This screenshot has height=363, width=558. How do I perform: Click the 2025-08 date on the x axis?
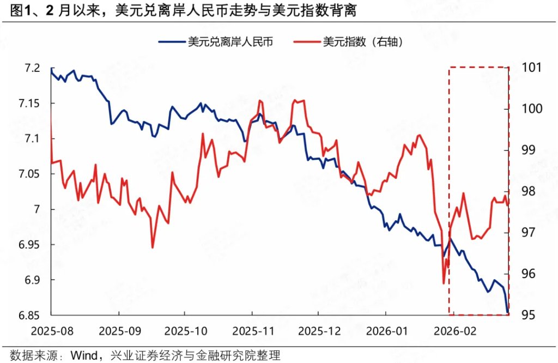pyautogui.click(x=51, y=330)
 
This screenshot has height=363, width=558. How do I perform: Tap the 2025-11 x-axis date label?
pyautogui.click(x=252, y=330)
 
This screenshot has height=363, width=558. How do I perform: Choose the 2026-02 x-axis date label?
pyautogui.click(x=452, y=330)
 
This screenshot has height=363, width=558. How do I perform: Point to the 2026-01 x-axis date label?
pyautogui.click(x=385, y=330)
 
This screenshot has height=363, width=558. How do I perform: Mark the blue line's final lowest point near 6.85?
pyautogui.click(x=508, y=312)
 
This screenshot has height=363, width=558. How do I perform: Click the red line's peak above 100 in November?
pyautogui.click(x=260, y=101)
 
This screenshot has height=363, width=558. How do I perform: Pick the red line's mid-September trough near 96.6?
pyautogui.click(x=153, y=248)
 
